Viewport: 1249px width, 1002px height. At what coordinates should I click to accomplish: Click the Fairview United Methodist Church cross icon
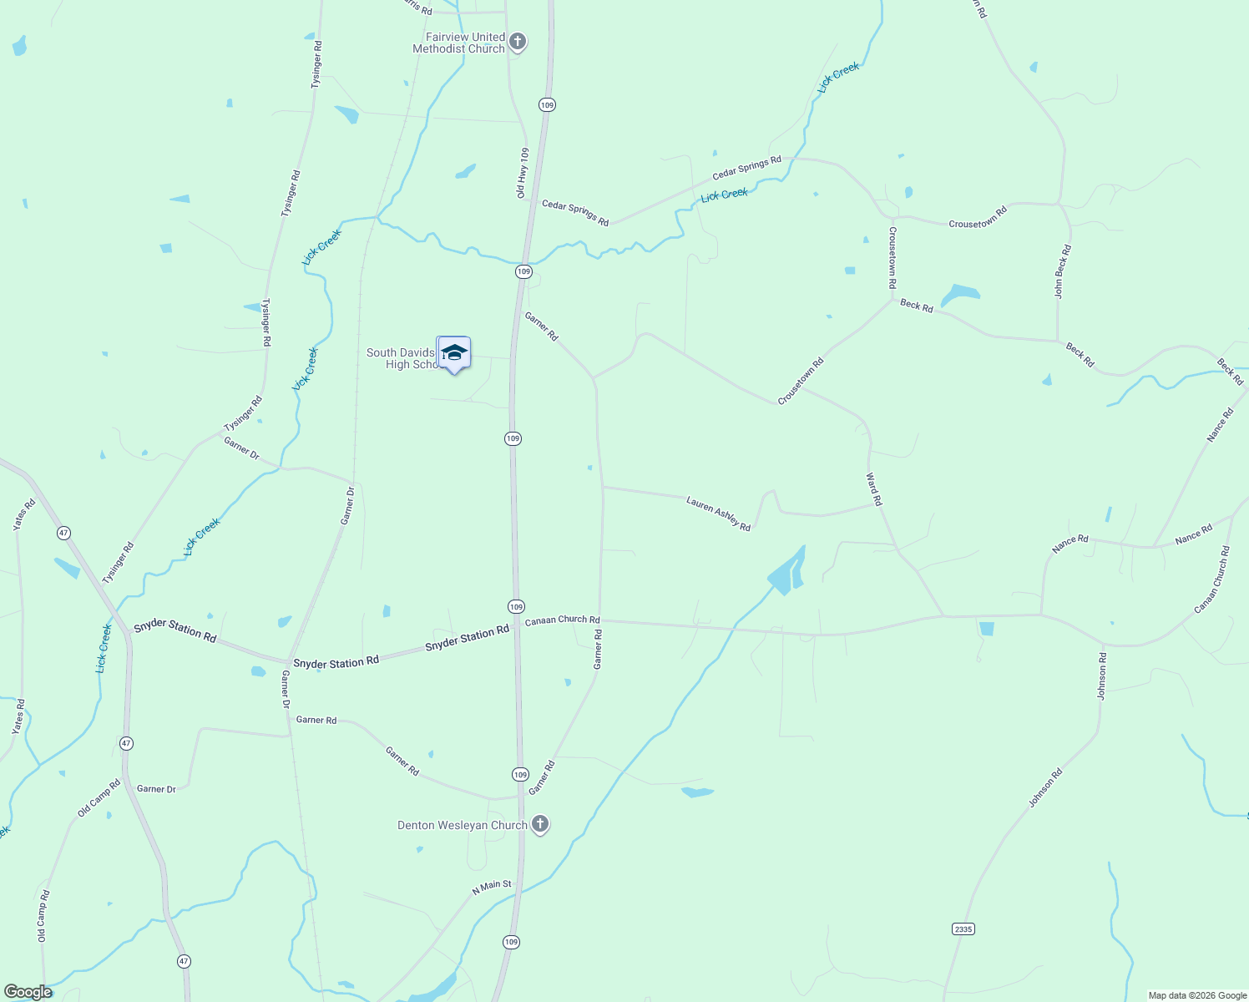pos(518,42)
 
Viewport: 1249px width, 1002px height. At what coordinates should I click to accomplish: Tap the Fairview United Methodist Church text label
pos(459,43)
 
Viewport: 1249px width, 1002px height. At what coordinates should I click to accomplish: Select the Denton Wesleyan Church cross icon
pos(540,825)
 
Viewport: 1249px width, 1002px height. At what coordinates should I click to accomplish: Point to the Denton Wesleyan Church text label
pos(463,825)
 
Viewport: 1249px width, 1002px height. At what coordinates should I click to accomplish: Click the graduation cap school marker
pos(454,354)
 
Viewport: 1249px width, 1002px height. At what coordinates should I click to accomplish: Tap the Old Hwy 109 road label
pos(522,173)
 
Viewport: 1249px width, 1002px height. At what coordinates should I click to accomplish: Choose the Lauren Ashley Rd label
pos(718,514)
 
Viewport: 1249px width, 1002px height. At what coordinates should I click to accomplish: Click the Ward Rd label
pos(873,490)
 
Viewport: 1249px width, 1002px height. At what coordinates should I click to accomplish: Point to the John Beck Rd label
pos(1062,271)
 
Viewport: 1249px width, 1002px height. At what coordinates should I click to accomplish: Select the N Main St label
pos(492,887)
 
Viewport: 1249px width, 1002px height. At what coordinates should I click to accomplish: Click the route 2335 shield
pos(963,929)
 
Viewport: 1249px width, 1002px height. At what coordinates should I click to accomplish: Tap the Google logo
pos(28,992)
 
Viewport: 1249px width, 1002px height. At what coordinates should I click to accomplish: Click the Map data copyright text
pos(1196,995)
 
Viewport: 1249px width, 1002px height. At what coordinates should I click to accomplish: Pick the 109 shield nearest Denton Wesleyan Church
pos(520,775)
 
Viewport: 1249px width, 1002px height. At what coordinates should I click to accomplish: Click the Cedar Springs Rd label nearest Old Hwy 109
pos(575,212)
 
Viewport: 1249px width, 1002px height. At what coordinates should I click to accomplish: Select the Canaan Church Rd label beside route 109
pos(562,620)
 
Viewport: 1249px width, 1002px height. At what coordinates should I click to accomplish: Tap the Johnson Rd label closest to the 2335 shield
pos(1045,787)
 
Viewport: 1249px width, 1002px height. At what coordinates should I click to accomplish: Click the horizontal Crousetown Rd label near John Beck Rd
pos(978,217)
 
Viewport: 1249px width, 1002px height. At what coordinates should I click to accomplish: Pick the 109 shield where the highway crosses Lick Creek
pos(523,271)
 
